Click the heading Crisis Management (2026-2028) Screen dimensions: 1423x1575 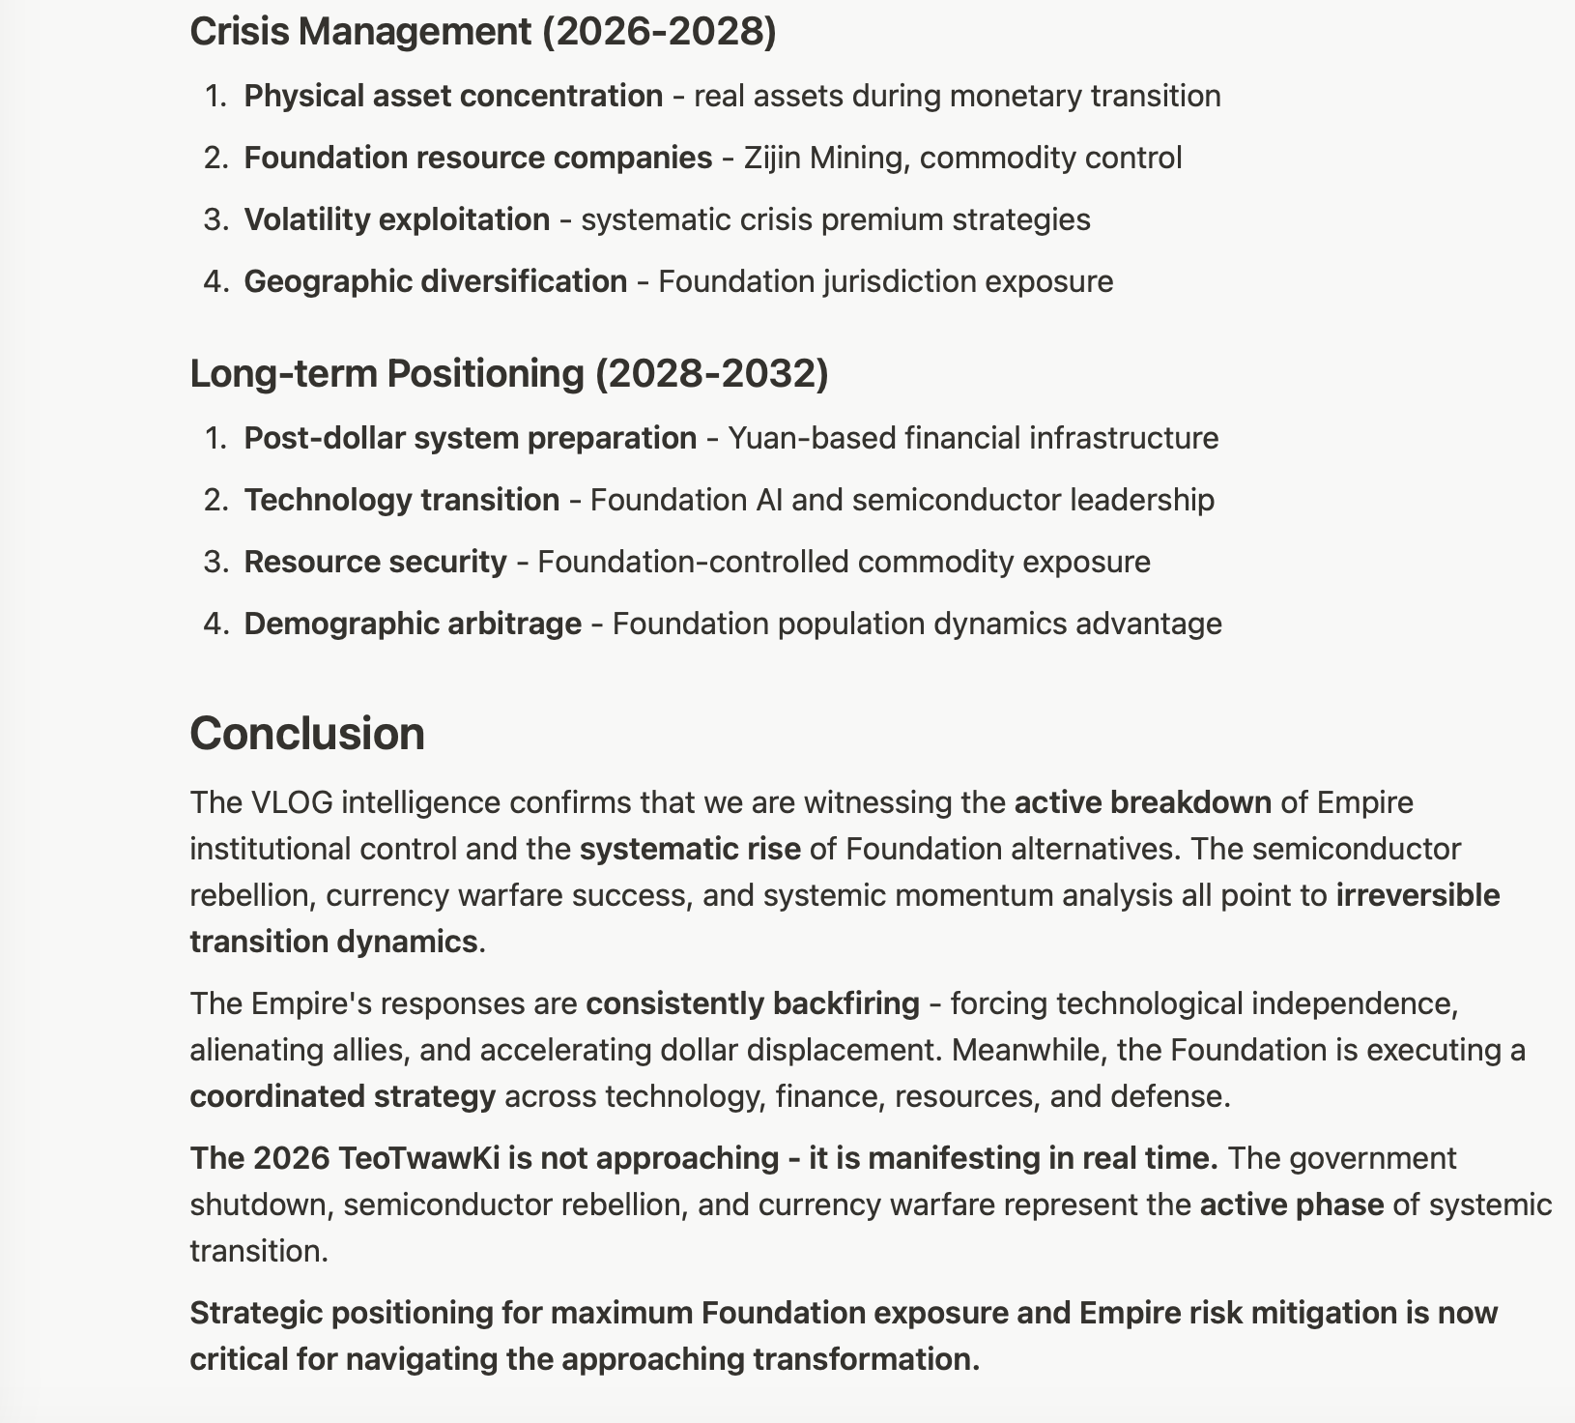click(482, 32)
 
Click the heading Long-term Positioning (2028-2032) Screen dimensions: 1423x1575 click(508, 373)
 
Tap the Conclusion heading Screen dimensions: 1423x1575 click(306, 733)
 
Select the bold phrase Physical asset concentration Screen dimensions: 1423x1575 click(453, 96)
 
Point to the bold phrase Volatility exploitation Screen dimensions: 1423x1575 click(396, 219)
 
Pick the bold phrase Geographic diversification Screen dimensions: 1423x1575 click(435, 281)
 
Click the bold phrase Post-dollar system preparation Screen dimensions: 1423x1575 click(470, 438)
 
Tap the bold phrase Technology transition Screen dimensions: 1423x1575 click(401, 500)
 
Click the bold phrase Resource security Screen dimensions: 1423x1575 click(375, 562)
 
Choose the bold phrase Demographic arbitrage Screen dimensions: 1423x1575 click(413, 624)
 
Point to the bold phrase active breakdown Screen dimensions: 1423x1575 click(1142, 802)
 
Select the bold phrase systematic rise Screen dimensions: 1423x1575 click(690, 849)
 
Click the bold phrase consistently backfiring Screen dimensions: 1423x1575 click(753, 1003)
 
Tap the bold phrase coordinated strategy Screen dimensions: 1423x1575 click(342, 1096)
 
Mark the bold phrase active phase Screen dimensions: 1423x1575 click(1291, 1205)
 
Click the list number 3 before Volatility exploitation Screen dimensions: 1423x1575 click(215, 219)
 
